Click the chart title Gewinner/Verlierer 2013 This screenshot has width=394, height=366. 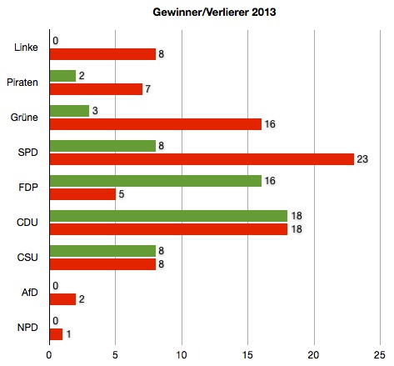click(x=214, y=13)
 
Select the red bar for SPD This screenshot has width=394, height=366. click(x=202, y=159)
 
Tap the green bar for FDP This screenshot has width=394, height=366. click(x=156, y=181)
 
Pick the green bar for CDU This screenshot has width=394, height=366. click(x=168, y=216)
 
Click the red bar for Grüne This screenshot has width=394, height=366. click(x=156, y=124)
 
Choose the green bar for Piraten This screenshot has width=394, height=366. click(x=62, y=76)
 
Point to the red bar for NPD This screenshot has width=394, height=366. click(x=56, y=334)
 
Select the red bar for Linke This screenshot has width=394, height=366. click(x=102, y=54)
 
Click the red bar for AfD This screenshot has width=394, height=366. click(x=62, y=299)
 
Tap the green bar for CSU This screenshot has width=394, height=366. click(x=102, y=251)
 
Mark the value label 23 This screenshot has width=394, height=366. click(x=362, y=159)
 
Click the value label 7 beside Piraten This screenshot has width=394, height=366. click(x=147, y=89)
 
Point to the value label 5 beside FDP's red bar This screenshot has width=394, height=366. click(x=122, y=194)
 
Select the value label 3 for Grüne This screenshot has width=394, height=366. click(x=95, y=111)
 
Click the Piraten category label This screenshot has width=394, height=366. click(x=22, y=83)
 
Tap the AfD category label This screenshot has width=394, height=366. click(x=30, y=293)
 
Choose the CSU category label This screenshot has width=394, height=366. click(x=27, y=258)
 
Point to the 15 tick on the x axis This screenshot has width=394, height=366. click(x=247, y=355)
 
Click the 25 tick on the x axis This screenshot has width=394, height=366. click(x=380, y=355)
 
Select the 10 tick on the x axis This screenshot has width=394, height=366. click(x=182, y=355)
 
